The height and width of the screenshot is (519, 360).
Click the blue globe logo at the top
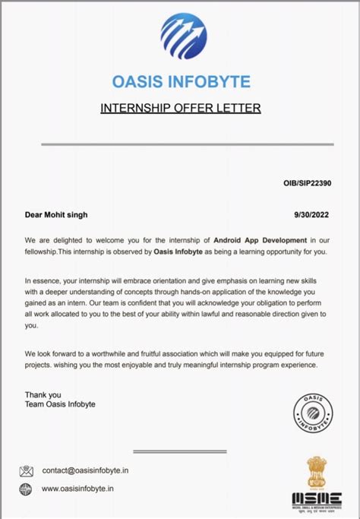182,36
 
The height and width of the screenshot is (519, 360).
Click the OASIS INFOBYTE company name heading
181,81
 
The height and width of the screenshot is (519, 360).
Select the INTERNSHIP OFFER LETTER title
181,108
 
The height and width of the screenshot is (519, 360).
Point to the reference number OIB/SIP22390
307,183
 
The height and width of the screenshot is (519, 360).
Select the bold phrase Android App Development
261,239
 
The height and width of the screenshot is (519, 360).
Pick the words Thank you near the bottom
42,394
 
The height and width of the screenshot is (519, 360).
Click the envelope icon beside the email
27,470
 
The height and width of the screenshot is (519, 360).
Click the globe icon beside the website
27,490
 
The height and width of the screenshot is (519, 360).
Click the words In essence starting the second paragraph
43,280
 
